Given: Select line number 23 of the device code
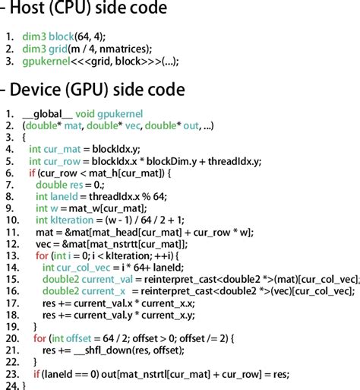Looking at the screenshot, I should point(9,373).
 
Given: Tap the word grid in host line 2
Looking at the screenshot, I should point(64,49).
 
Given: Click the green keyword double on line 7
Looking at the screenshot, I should point(51,184).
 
